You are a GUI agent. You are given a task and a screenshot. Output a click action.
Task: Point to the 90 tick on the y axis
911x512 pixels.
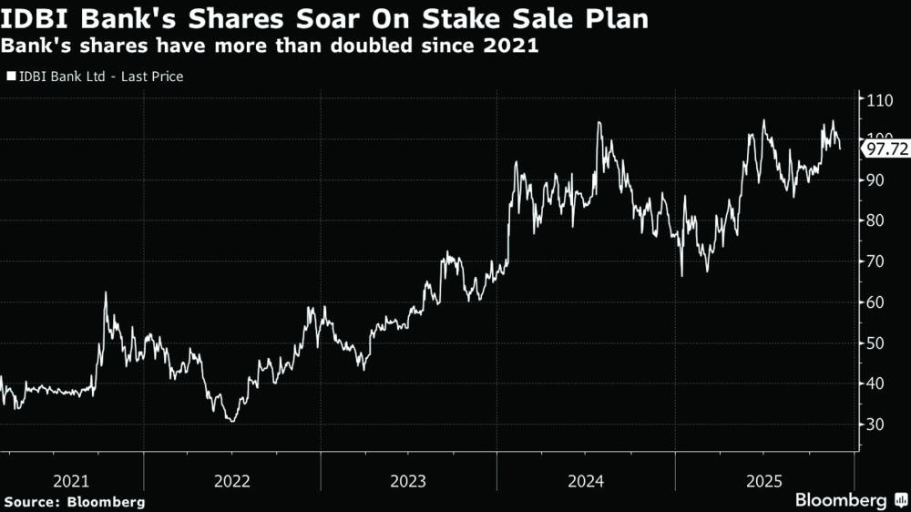pos(876,179)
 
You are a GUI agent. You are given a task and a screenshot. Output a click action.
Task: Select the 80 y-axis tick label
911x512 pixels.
pos(876,220)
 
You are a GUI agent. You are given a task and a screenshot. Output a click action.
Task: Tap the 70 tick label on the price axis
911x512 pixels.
pos(876,261)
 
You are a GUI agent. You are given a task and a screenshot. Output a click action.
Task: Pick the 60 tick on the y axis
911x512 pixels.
pos(876,302)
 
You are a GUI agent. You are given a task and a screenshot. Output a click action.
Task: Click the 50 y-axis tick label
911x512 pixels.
pos(876,343)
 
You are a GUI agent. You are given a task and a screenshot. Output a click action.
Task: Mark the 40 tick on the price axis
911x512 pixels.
pos(876,384)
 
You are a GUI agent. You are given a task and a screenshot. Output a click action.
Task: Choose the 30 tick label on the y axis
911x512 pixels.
pos(876,425)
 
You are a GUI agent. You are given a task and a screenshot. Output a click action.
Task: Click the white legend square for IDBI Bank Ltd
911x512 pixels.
pos(11,77)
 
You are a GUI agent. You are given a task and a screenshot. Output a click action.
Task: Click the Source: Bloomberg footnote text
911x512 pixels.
pos(75,501)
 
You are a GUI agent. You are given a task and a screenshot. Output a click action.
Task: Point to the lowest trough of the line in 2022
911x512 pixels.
pos(232,421)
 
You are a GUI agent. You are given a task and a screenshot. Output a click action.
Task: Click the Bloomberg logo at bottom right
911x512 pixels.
pos(850,500)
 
